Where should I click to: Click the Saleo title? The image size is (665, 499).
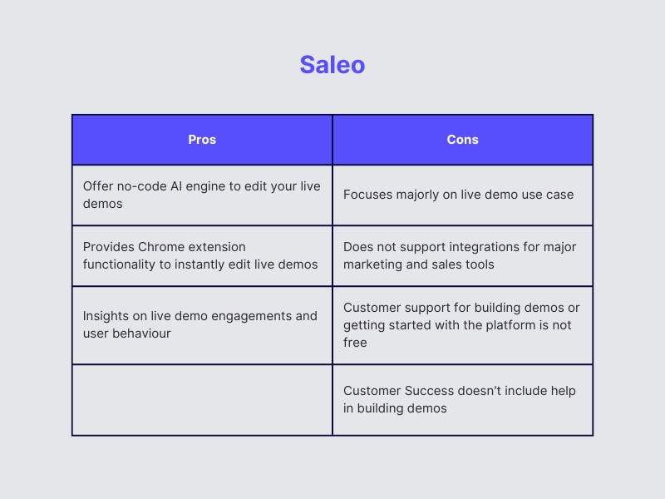pos(332,65)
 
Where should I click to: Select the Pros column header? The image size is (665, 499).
pos(202,140)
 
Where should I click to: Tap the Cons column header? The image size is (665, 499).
pos(462,140)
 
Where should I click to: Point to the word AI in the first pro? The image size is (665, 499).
pos(176,186)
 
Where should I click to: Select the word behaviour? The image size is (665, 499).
pos(141,333)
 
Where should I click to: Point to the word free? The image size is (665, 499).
pos(355,343)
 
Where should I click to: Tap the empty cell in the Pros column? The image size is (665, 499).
pos(202,400)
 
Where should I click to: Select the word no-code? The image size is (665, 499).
pos(141,186)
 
